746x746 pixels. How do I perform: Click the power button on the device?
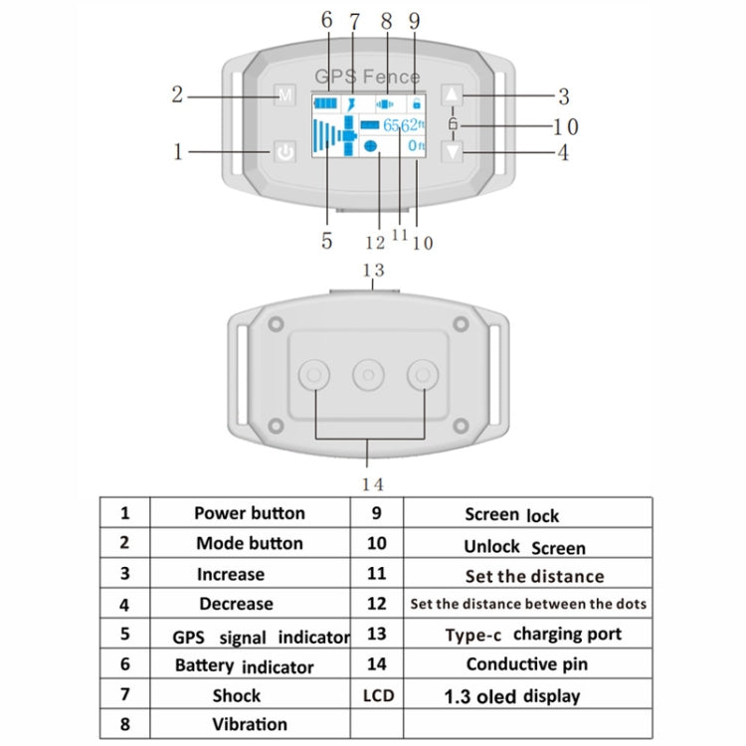(x=285, y=153)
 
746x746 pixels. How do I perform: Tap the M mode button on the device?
(x=285, y=96)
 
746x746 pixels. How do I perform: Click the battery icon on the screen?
(x=325, y=102)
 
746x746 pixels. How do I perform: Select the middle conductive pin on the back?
(x=369, y=374)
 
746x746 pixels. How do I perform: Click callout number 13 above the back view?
(x=373, y=270)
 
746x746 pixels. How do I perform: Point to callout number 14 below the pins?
(x=373, y=484)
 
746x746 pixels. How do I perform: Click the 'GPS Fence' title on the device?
(x=368, y=77)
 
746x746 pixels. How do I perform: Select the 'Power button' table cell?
(x=249, y=513)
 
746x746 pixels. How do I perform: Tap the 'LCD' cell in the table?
(x=377, y=695)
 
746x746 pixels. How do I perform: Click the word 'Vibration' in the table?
(x=249, y=725)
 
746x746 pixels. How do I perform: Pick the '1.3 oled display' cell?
(x=524, y=696)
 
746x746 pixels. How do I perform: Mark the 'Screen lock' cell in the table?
(x=511, y=514)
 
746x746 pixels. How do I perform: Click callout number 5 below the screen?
(x=325, y=240)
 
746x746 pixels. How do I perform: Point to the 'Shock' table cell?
(x=237, y=695)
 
